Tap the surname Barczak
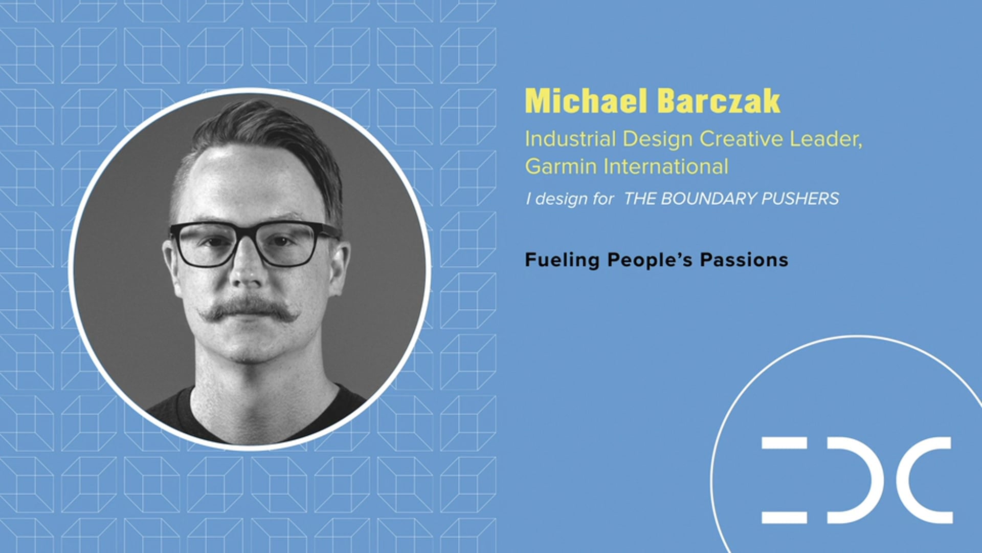click(x=719, y=101)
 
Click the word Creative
click(x=741, y=139)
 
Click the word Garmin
click(x=561, y=166)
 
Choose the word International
click(x=666, y=166)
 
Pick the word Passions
click(x=744, y=260)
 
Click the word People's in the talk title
click(x=649, y=260)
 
